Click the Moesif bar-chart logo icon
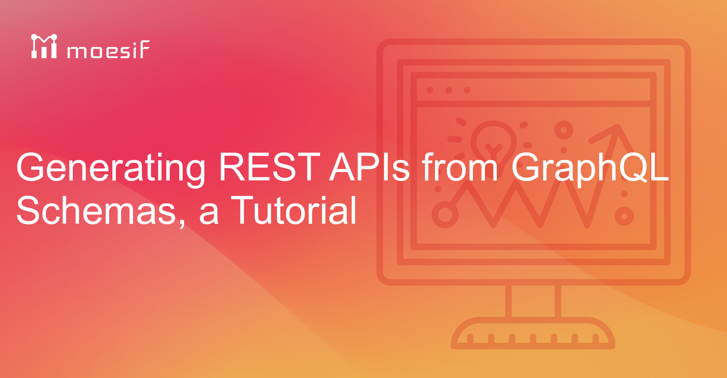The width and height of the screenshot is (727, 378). pos(44,46)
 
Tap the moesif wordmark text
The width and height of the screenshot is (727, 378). pos(108,49)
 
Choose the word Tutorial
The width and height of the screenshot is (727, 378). pos(294,210)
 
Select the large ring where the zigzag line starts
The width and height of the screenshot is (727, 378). pos(445,215)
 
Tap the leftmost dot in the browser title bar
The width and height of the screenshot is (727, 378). pos(430,90)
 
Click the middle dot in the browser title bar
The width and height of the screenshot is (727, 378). pos(449,90)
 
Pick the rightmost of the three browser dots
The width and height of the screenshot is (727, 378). pos(467,90)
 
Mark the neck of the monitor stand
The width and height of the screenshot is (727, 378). pos(533,301)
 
